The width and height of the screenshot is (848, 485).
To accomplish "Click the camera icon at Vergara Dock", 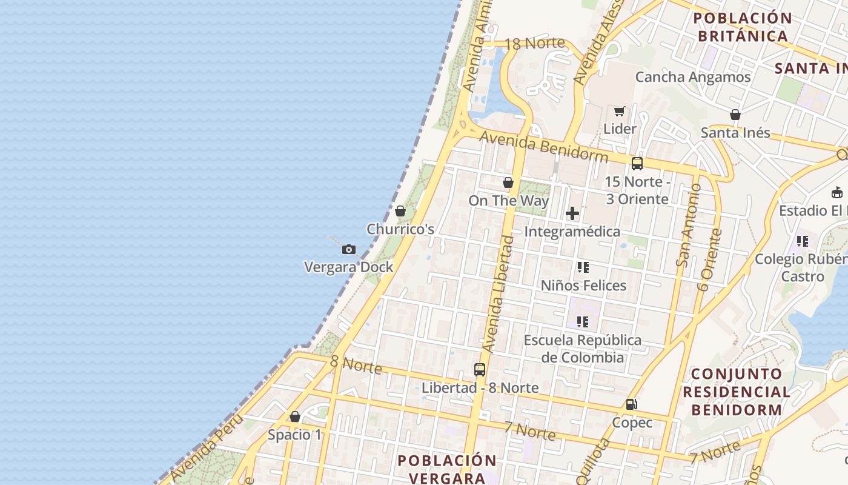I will (348, 249).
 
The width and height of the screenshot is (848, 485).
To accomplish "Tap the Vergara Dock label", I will (348, 267).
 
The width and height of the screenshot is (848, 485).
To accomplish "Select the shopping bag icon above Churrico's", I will (400, 212).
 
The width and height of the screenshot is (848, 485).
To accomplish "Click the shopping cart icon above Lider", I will (619, 111).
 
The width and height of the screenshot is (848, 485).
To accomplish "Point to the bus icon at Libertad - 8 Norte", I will (480, 369).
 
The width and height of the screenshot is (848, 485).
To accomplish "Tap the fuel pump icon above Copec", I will (631, 404).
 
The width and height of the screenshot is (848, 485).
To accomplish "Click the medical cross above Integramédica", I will (572, 213).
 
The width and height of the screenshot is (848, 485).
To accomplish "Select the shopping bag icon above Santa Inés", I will (735, 115).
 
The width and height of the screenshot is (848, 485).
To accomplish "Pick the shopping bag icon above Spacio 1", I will (295, 416).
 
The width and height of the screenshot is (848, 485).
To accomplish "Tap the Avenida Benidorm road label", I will (543, 147).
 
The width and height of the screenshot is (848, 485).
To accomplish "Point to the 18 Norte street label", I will (534, 44).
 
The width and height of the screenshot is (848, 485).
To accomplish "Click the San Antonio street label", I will (689, 225).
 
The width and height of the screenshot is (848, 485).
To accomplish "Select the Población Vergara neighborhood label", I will (447, 469).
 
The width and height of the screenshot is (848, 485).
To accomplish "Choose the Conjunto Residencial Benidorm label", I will (737, 391).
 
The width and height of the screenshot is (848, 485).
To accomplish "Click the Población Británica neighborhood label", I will (743, 27).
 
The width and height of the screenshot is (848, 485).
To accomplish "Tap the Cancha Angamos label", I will (693, 77).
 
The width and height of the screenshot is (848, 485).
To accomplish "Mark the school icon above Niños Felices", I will (583, 267).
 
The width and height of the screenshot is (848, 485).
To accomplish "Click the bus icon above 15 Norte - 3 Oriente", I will (637, 164).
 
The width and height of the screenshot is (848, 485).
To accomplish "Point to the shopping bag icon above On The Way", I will (508, 182).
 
